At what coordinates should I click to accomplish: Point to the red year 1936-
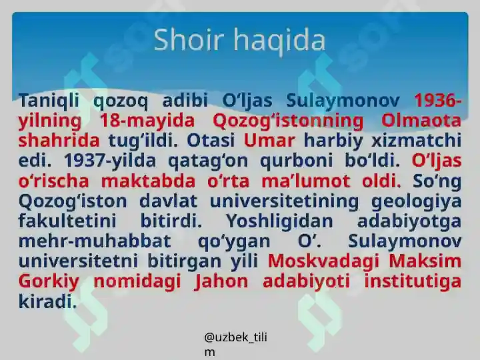(x=438, y=100)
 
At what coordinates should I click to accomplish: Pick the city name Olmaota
(x=421, y=120)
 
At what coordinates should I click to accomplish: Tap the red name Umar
(x=269, y=140)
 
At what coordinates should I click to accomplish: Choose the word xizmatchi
(x=416, y=140)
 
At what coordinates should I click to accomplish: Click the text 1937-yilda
(x=110, y=161)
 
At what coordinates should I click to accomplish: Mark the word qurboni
(x=296, y=161)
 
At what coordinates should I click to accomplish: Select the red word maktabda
(x=148, y=181)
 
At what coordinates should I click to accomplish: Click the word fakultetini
(x=67, y=221)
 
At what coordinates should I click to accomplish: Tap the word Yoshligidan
(x=279, y=221)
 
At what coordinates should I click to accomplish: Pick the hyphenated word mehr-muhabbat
(x=95, y=241)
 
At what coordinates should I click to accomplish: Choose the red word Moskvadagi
(x=323, y=262)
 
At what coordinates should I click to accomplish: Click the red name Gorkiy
(x=49, y=282)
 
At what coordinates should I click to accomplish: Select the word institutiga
(x=413, y=282)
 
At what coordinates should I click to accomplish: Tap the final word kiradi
(x=47, y=301)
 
